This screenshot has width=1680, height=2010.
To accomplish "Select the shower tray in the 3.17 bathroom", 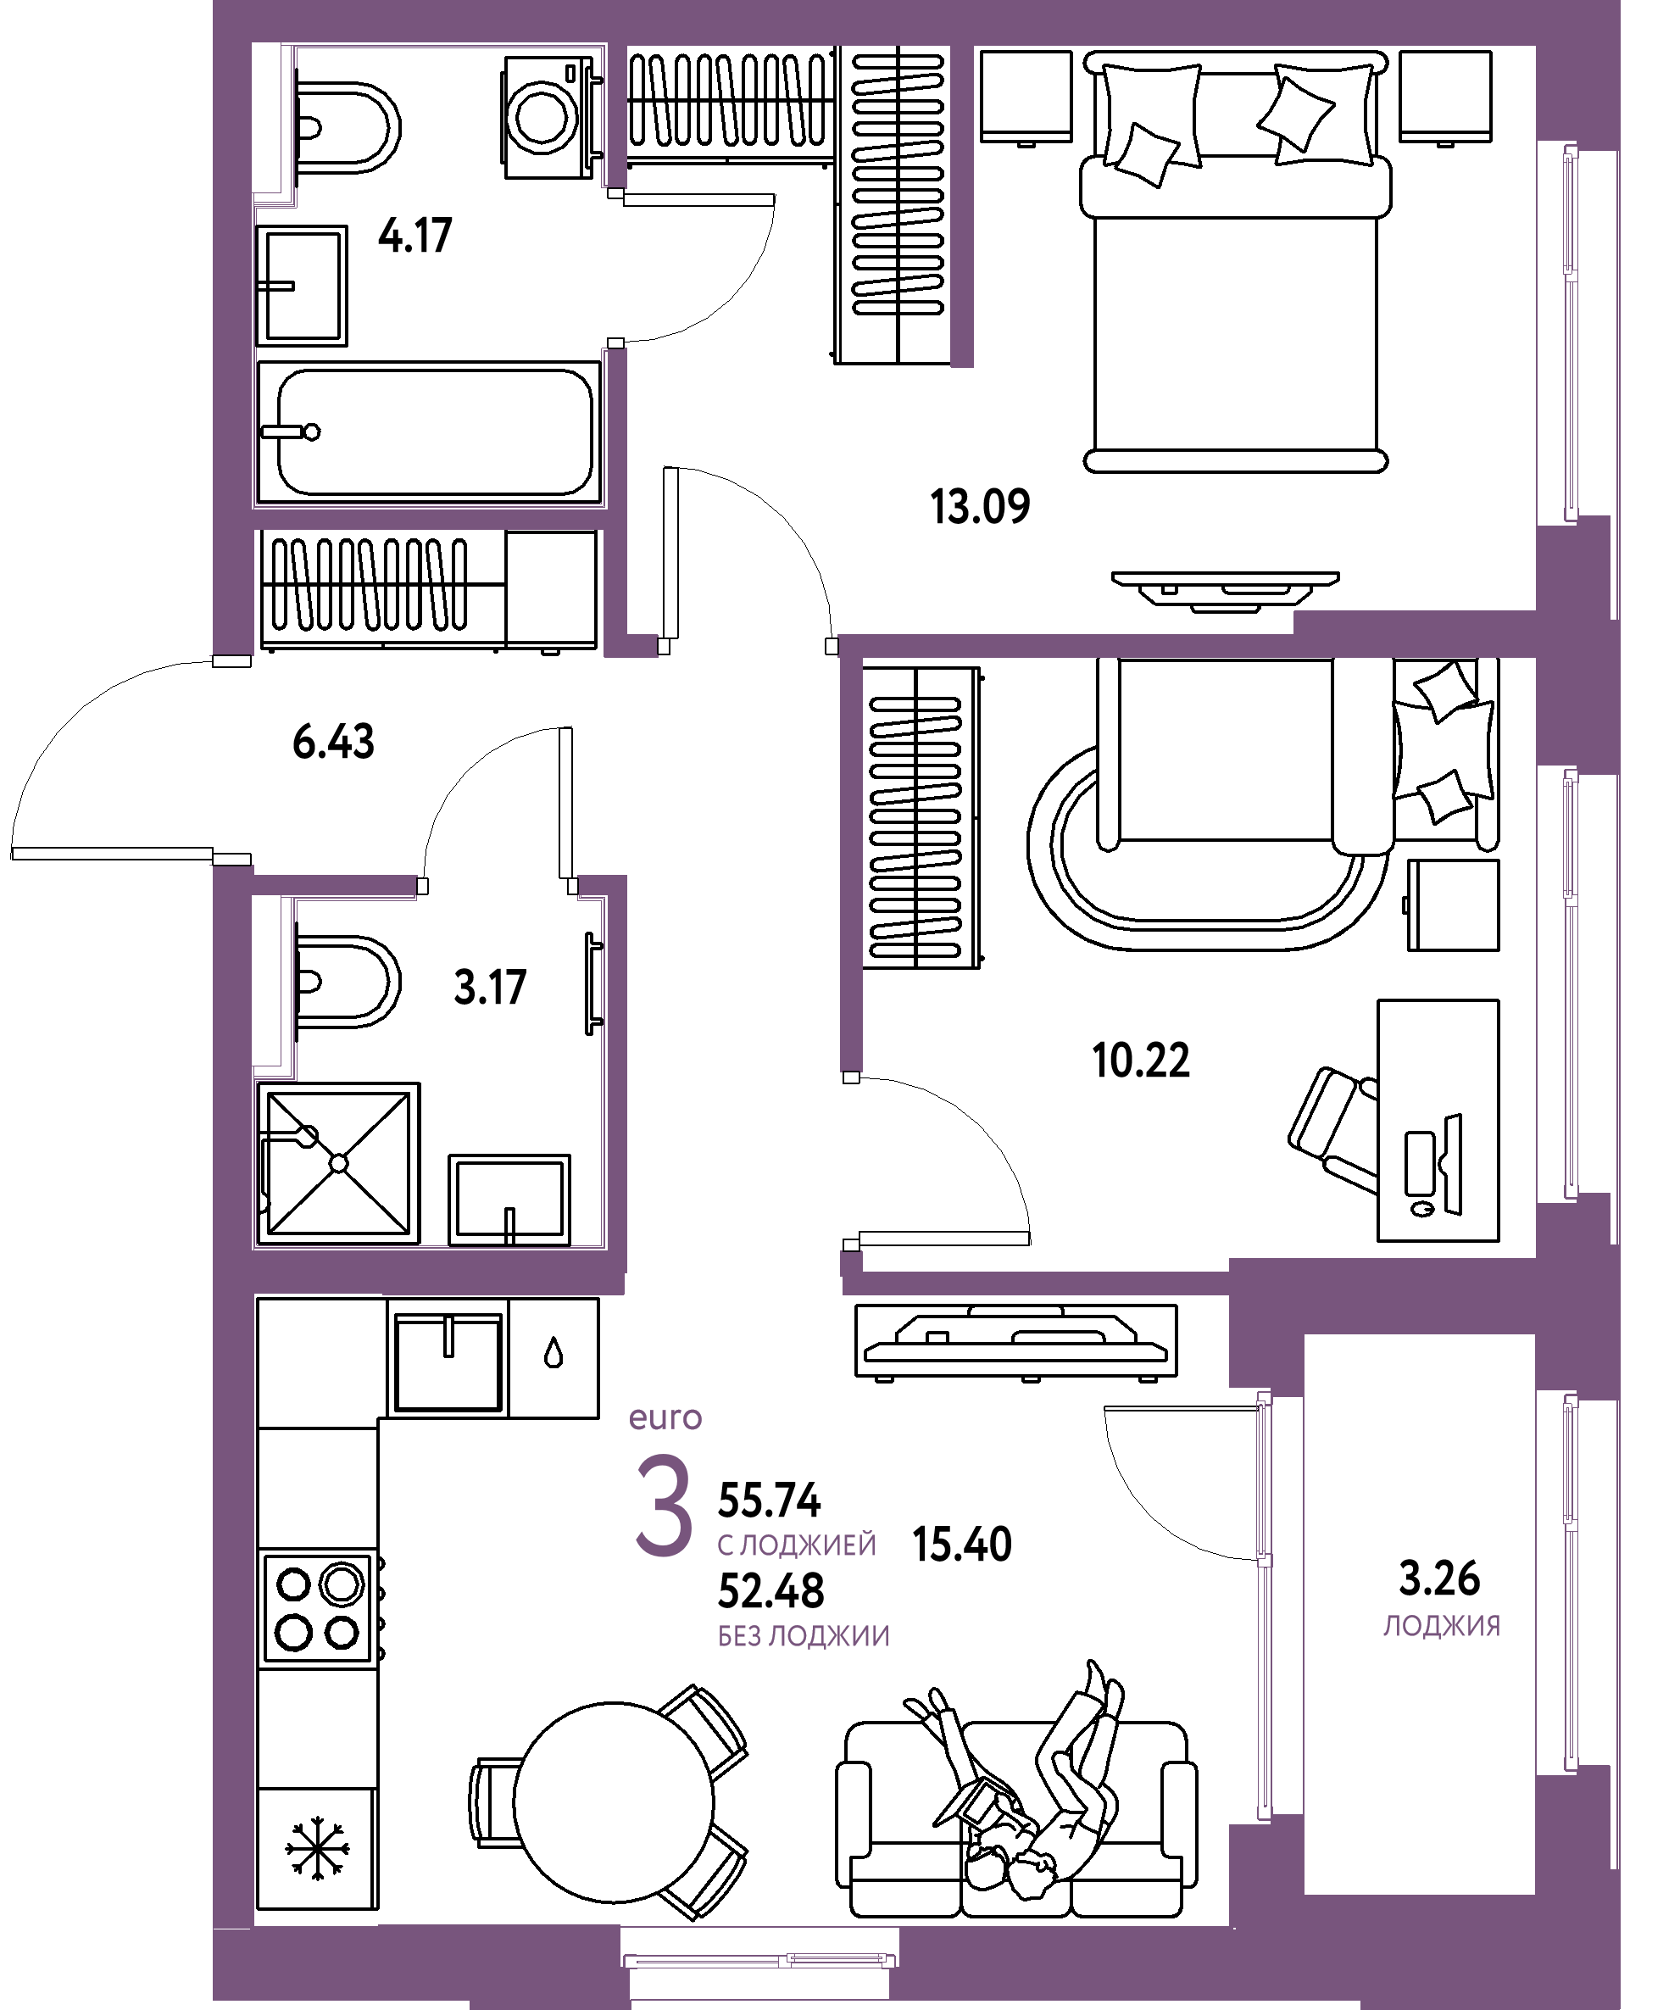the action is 338,1163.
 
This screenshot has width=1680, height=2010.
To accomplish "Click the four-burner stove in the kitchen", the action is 318,1609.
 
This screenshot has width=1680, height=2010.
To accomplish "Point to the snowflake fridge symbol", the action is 318,1847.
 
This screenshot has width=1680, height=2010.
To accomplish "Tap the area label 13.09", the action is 980,506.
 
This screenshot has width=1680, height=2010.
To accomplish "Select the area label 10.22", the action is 1141,1060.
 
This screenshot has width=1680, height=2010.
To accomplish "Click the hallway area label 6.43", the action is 333,742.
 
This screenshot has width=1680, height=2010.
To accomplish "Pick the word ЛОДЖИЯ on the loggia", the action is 1442,1626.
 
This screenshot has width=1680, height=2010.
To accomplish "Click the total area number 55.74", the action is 770,1501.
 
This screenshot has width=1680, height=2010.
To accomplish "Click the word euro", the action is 665,1418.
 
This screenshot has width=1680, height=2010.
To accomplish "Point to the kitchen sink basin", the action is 448,1362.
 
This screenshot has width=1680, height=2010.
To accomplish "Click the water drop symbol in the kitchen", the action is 554,1355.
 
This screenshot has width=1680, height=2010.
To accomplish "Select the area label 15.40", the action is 962,1545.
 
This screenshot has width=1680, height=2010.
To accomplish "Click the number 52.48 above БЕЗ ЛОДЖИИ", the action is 770,1590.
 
